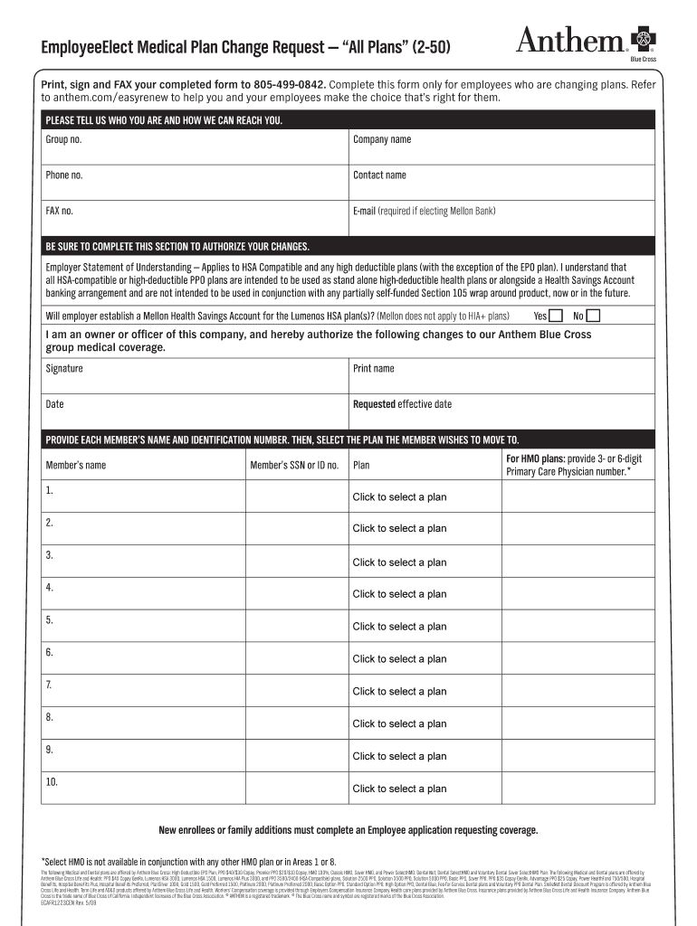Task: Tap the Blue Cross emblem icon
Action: pyautogui.click(x=644, y=38)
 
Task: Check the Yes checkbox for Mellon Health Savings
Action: pyautogui.click(x=556, y=316)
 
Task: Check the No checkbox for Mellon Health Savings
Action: pyautogui.click(x=594, y=316)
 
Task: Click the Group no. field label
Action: pyautogui.click(x=63, y=140)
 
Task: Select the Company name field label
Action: pyautogui.click(x=381, y=140)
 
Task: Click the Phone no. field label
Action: pyautogui.click(x=64, y=175)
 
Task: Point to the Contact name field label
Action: pyautogui.click(x=379, y=175)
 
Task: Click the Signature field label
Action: pyautogui.click(x=64, y=369)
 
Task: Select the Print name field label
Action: pyautogui.click(x=373, y=369)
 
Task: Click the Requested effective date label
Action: pyautogui.click(x=402, y=404)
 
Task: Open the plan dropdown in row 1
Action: pyautogui.click(x=399, y=497)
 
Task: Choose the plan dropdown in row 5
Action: pyautogui.click(x=399, y=627)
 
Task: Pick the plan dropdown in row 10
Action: pyautogui.click(x=399, y=789)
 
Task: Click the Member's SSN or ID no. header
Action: pyautogui.click(x=294, y=466)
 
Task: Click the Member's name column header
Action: pyautogui.click(x=76, y=466)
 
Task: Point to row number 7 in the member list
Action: pyautogui.click(x=49, y=685)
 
